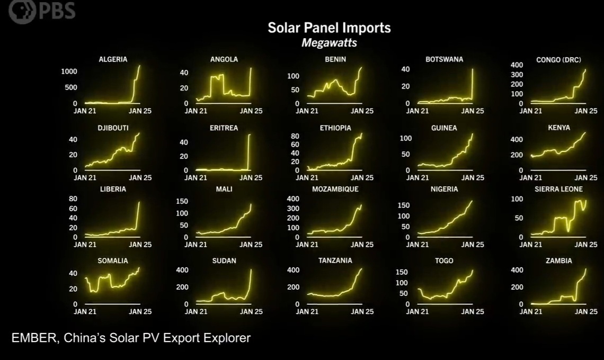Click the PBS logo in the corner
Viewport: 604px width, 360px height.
(x=41, y=11)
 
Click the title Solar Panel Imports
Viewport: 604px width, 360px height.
(x=329, y=28)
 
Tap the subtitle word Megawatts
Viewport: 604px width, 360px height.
(x=329, y=43)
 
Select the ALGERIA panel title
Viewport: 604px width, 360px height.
(x=113, y=59)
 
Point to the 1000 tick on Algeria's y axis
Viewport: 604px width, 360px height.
(x=69, y=71)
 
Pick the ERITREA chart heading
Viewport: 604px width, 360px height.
(x=224, y=128)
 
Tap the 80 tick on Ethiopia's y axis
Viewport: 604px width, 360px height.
(x=295, y=136)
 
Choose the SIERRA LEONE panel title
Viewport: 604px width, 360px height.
(x=558, y=189)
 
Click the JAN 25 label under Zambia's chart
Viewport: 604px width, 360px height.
(x=586, y=312)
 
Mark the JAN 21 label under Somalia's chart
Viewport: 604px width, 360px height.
(x=85, y=312)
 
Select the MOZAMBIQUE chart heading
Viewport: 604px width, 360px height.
(x=335, y=189)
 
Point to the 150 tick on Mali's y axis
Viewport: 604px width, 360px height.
(x=182, y=201)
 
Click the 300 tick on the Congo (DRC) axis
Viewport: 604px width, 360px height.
(x=517, y=75)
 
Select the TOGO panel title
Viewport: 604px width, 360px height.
(x=444, y=260)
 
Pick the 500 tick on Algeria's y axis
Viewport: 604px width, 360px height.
(x=71, y=87)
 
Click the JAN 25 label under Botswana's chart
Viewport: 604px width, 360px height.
(x=472, y=111)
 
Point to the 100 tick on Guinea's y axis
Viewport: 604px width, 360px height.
(x=405, y=138)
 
